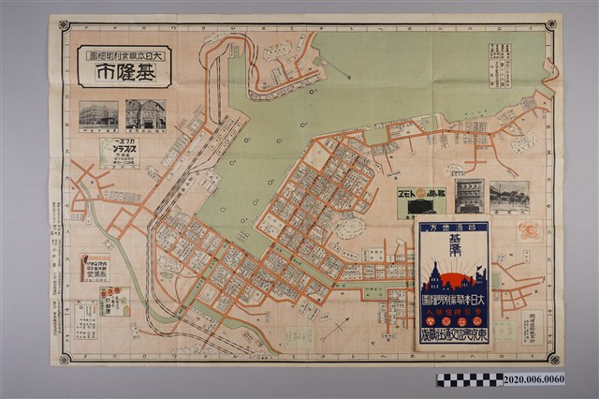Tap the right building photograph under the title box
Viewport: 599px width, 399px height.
[146, 116]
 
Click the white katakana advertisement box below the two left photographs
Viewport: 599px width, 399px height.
[119, 153]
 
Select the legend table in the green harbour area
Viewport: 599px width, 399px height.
[500, 65]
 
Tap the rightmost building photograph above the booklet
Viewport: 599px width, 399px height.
[509, 197]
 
